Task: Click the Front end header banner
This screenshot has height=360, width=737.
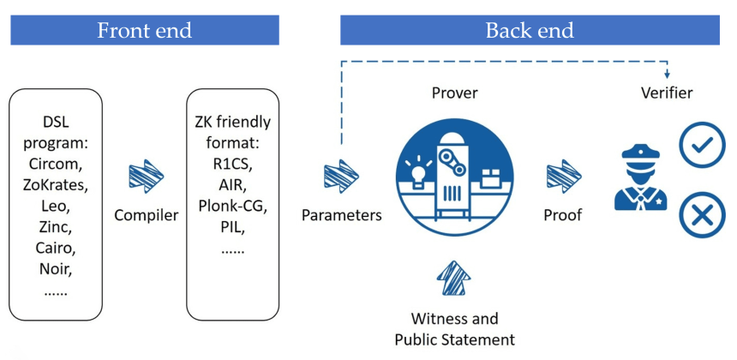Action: tap(144, 31)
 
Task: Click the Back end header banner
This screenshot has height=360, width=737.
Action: tap(530, 31)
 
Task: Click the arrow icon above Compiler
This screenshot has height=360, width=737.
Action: tap(146, 176)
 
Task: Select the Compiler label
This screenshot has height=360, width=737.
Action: tap(146, 214)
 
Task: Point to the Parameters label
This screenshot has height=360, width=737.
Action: tap(341, 214)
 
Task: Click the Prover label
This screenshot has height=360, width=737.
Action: tap(455, 93)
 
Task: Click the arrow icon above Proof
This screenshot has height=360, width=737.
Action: tap(563, 176)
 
